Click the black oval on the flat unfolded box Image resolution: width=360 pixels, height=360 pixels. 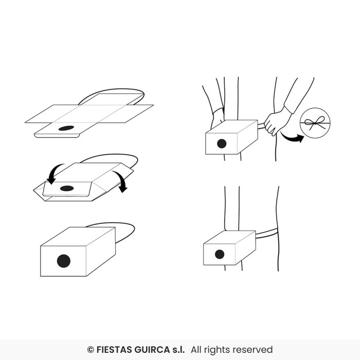click(66, 128)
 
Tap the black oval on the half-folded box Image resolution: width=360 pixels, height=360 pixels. click(67, 189)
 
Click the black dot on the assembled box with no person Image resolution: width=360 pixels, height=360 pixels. click(64, 261)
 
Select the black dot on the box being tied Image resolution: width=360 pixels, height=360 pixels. click(222, 143)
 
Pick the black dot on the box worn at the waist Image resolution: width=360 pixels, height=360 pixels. click(220, 255)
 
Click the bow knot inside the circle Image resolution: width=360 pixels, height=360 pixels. click(315, 123)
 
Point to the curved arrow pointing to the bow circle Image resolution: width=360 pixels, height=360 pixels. click(292, 138)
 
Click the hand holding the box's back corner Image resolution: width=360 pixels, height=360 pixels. click(218, 118)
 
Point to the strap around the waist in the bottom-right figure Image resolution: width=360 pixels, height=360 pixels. click(267, 233)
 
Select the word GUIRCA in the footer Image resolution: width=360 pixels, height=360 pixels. click(152, 350)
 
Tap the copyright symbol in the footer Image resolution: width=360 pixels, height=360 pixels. click(91, 350)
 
